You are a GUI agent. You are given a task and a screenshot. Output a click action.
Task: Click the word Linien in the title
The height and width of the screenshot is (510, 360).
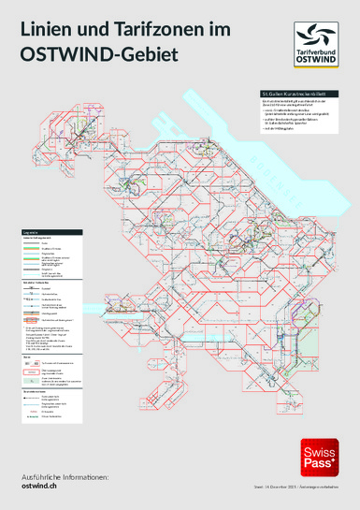tap(46, 33)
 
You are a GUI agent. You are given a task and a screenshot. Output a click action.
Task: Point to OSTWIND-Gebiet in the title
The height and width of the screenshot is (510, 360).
tap(98, 57)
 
